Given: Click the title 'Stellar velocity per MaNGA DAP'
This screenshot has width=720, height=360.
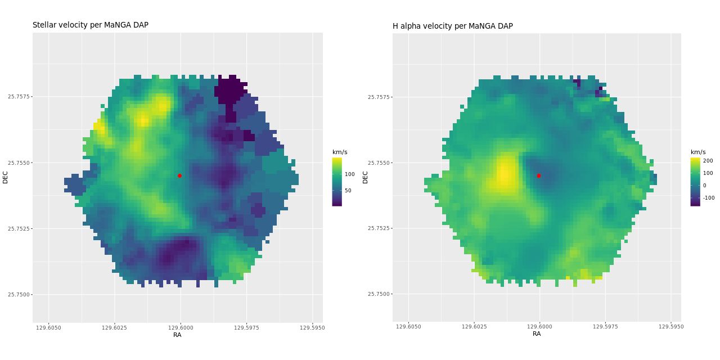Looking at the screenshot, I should click(x=91, y=25).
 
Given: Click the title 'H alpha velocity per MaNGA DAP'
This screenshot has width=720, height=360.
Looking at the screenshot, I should click(x=453, y=26).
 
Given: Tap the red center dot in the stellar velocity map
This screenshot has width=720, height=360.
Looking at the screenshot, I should click(x=179, y=175).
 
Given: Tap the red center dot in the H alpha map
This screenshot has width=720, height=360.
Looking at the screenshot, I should click(x=539, y=175).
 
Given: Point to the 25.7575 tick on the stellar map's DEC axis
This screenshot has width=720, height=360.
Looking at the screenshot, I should click(x=19, y=97).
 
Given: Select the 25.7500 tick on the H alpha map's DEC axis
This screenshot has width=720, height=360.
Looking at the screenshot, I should click(x=379, y=294).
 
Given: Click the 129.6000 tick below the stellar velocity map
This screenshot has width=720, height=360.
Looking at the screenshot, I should click(x=180, y=327).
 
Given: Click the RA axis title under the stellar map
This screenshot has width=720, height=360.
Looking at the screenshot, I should click(x=177, y=335).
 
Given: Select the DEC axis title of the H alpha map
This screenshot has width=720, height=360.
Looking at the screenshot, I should click(x=365, y=177).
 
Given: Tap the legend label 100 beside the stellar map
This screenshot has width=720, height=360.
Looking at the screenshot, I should click(x=349, y=174).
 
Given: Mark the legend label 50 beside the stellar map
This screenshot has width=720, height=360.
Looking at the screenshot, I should click(x=348, y=191).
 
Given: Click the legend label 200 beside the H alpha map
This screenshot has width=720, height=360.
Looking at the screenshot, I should click(x=708, y=161).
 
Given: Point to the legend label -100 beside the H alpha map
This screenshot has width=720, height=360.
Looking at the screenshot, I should click(x=708, y=198).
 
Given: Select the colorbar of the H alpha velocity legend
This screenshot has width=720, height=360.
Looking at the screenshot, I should click(x=695, y=182).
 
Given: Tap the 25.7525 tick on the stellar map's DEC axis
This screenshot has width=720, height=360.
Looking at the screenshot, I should click(x=19, y=229).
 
